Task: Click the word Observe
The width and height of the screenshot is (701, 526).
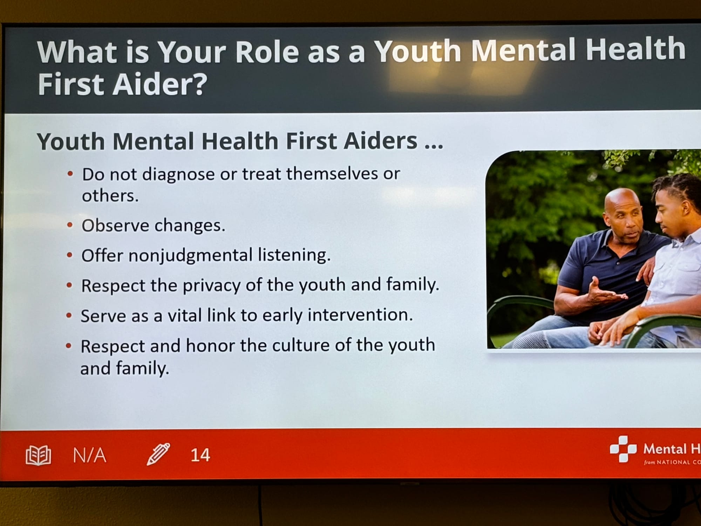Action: click(115, 225)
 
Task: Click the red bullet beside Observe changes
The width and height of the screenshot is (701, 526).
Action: click(70, 225)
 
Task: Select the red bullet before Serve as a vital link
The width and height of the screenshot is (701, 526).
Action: click(69, 316)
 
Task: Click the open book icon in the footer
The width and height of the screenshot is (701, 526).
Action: click(39, 455)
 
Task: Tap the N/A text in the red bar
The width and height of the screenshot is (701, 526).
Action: click(89, 455)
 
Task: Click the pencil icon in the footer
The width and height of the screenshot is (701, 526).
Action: click(158, 454)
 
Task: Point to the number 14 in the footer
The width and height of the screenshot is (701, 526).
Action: click(200, 455)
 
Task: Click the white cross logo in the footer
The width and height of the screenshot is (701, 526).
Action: click(623, 449)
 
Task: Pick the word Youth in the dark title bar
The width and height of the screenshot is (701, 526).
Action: click(417, 51)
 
